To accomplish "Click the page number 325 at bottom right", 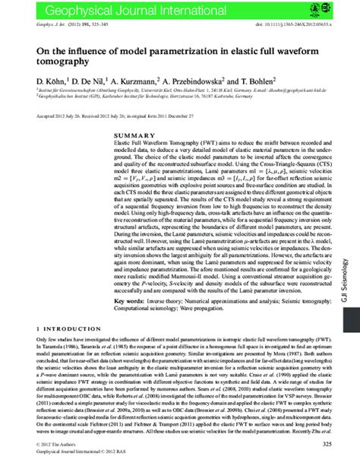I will pyautogui.click(x=328, y=444).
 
